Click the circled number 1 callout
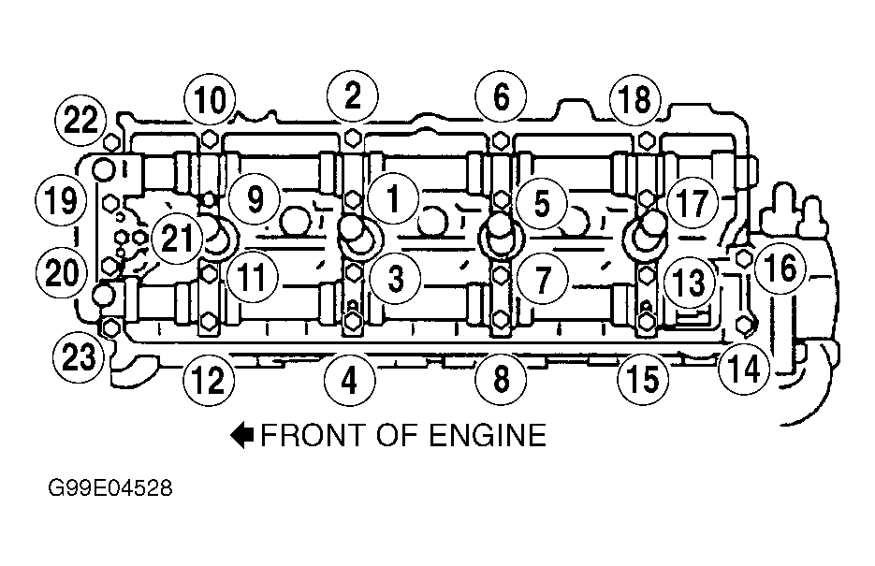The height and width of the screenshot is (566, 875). pos(393,199)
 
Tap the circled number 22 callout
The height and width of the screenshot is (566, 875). pos(80,120)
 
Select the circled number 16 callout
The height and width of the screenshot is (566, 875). pos(780,268)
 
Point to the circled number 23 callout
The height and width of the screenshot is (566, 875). pos(79,356)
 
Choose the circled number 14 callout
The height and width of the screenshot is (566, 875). pos(744,368)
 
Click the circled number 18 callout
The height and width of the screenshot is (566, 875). pos(635,99)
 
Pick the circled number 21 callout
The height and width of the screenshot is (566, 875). pos(176,239)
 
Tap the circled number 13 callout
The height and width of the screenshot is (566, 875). pos(690,283)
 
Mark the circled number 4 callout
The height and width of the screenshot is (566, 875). pos(349,381)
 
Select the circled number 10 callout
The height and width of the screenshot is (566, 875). pos(210,100)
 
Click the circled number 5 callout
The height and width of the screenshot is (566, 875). pos(542,203)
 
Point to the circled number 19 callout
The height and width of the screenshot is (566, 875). pos(61,200)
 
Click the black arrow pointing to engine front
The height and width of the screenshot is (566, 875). pos(242,435)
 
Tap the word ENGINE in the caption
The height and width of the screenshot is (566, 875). pos(489,436)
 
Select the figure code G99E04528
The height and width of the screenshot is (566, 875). pos(109,488)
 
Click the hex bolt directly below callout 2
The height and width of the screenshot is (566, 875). pos(352,138)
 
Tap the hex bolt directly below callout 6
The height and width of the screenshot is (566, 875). pos(501,139)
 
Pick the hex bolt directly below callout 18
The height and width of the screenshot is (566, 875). pos(647,140)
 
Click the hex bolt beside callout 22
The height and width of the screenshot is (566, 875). pos(111,143)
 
